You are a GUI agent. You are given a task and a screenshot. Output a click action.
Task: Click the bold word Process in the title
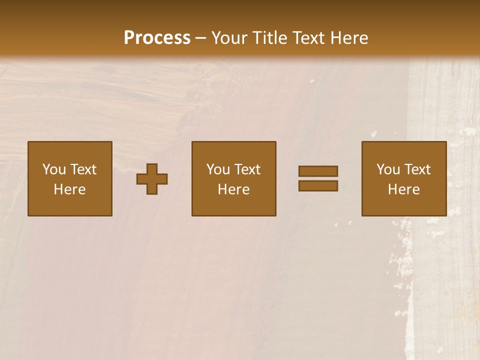[157, 38]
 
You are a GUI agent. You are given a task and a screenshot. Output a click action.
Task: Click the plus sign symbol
[152, 179]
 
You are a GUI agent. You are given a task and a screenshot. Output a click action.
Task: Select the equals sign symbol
[318, 178]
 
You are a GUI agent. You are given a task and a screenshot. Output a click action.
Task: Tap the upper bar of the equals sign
[318, 171]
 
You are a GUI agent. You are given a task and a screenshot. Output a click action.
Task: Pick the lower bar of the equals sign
[318, 186]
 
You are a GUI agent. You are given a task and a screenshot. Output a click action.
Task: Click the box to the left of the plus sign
[70, 178]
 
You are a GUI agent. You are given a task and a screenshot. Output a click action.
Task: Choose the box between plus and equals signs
[233, 178]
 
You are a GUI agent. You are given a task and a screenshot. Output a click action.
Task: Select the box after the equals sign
[403, 178]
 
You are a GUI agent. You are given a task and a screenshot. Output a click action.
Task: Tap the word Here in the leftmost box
[70, 189]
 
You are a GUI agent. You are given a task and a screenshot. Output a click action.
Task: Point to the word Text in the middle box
[247, 169]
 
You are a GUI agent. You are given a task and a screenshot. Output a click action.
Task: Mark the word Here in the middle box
[233, 189]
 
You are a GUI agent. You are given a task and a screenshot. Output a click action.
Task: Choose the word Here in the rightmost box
[403, 189]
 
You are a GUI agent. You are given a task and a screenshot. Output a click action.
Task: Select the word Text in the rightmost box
[417, 169]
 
